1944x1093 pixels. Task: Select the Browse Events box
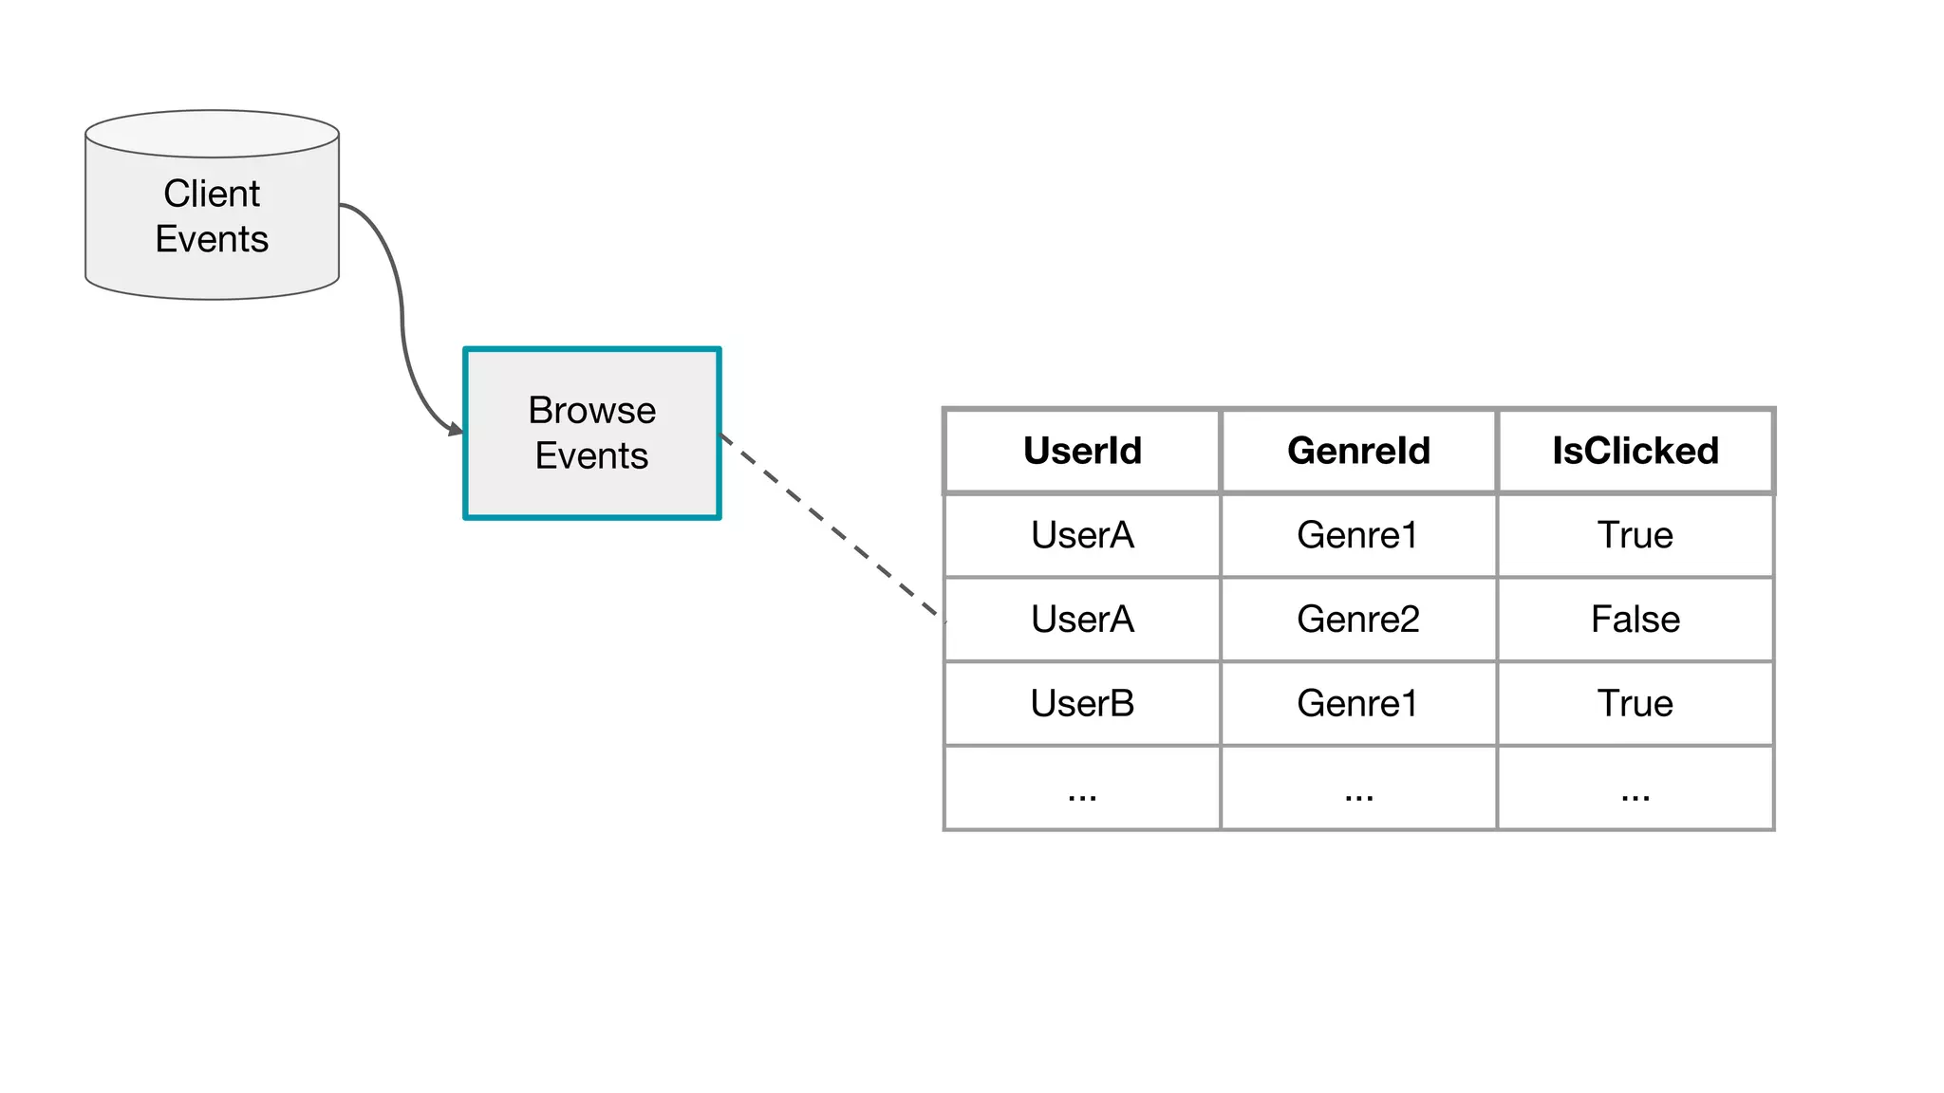click(x=591, y=434)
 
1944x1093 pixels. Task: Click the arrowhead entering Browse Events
click(x=455, y=430)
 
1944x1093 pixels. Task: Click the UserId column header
click(x=1082, y=451)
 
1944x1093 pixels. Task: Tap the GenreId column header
click(x=1358, y=451)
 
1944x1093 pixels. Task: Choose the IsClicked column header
click(x=1635, y=451)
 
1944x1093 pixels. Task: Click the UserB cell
click(x=1082, y=703)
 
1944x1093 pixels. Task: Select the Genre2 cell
click(x=1358, y=620)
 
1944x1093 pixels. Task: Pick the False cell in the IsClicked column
click(x=1635, y=620)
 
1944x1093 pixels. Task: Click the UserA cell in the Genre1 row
click(x=1082, y=535)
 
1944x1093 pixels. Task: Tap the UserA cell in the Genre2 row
click(x=1082, y=620)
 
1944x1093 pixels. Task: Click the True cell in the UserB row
click(x=1635, y=703)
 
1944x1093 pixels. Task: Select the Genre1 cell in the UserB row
click(x=1358, y=703)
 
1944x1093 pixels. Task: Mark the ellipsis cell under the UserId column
click(x=1082, y=789)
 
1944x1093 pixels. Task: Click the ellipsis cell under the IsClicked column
click(x=1635, y=789)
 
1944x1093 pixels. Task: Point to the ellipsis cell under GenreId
click(x=1358, y=789)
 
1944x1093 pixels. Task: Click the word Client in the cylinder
click(x=212, y=194)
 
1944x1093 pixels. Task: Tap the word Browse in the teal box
click(x=591, y=411)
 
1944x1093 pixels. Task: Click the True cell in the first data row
click(x=1635, y=535)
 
